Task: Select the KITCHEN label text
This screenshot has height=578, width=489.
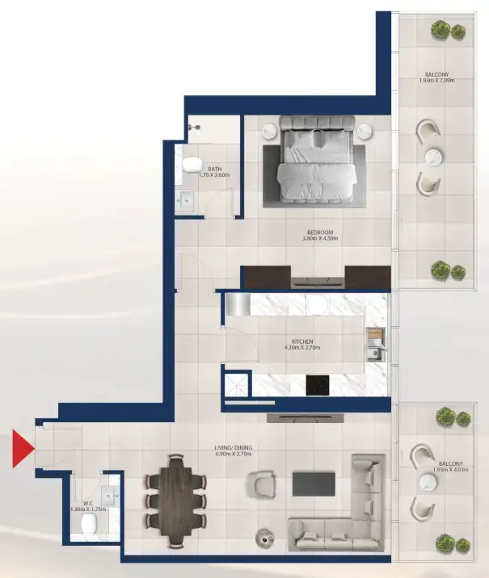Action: point(303,341)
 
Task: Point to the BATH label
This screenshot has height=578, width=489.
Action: point(215,169)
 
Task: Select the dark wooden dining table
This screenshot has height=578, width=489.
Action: point(176,492)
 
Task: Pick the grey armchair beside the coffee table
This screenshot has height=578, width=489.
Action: point(264,487)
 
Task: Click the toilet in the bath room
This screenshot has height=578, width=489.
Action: point(192,165)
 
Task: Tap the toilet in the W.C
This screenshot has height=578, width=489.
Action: point(88,526)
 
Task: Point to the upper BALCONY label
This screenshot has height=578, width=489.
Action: point(437,75)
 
